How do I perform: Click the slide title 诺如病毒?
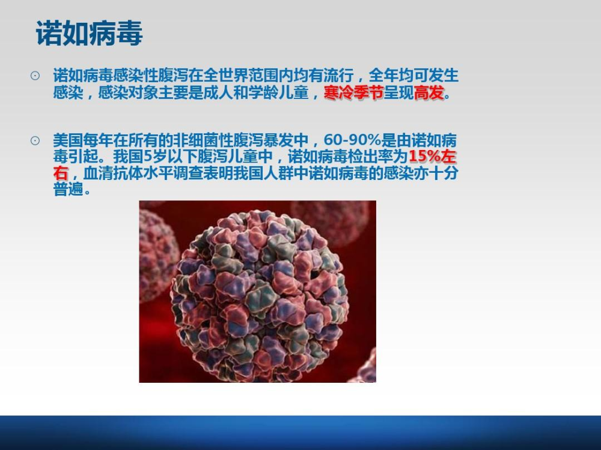[89, 34]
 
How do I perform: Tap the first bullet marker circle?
[35, 76]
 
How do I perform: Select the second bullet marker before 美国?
[35, 141]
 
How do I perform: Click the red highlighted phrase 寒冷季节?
[353, 94]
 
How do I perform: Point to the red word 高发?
[429, 94]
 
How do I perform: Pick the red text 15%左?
[433, 157]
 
